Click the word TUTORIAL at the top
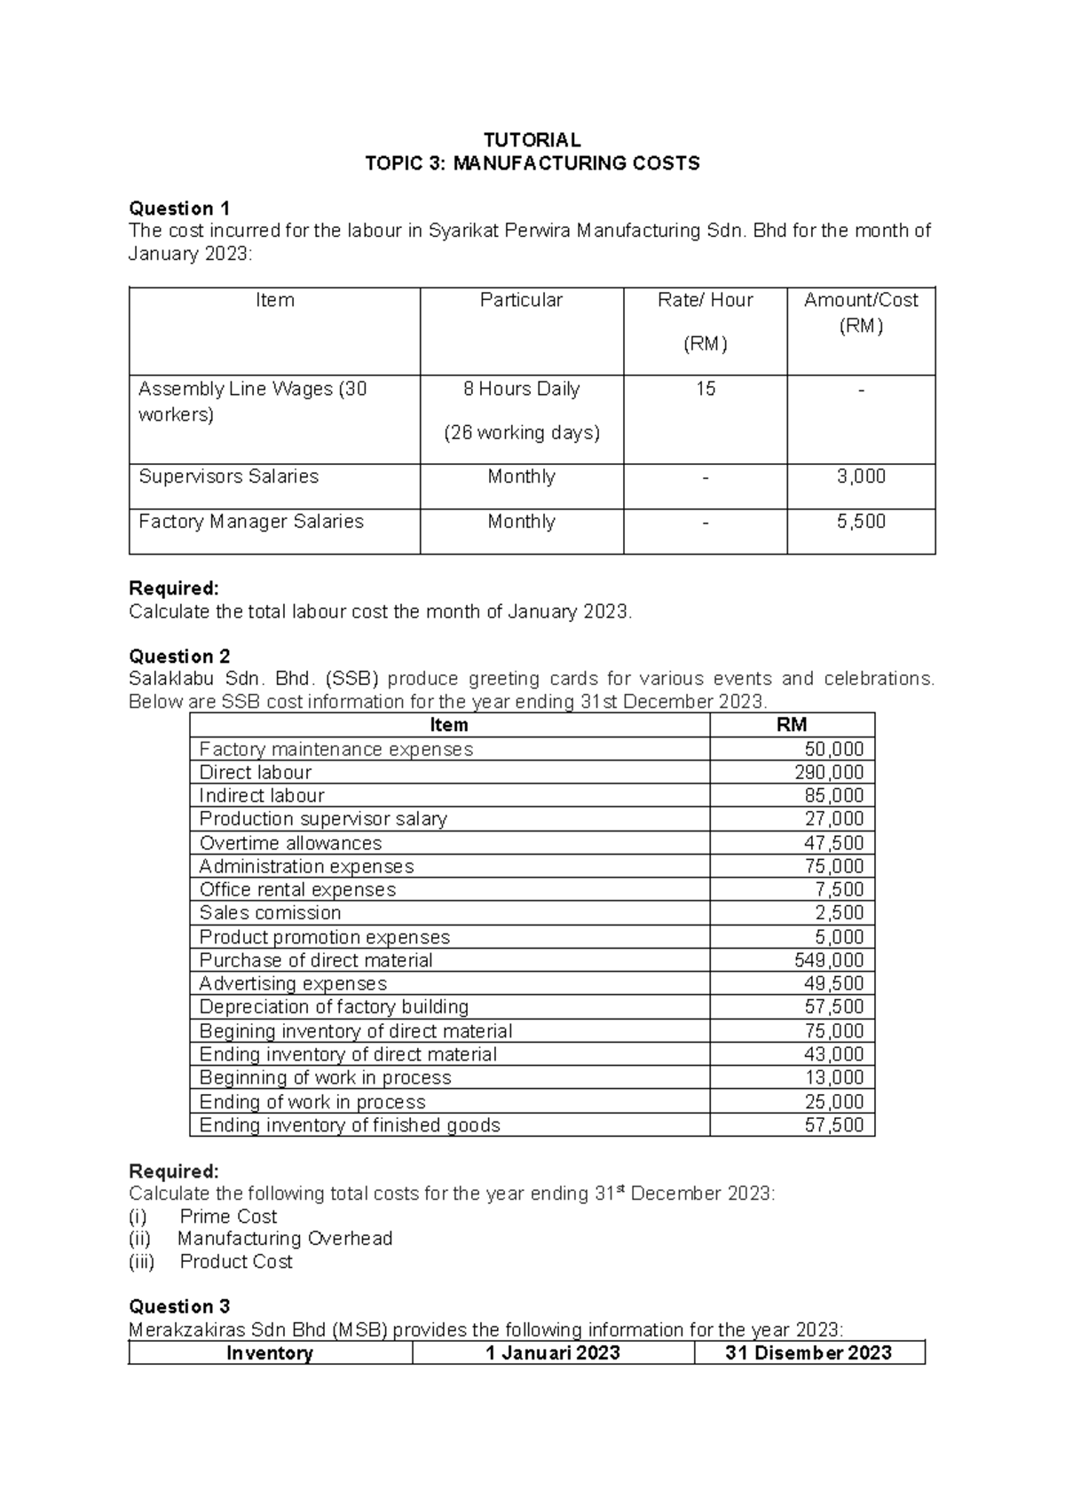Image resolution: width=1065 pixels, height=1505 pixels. tap(532, 140)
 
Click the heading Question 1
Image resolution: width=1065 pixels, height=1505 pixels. tap(179, 209)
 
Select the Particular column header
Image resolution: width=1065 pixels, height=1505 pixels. tap(521, 300)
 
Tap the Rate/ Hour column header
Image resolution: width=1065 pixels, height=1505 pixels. tap(705, 300)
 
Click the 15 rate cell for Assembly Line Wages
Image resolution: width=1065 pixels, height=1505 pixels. tap(705, 389)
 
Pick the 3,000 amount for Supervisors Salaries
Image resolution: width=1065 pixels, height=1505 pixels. tap(861, 477)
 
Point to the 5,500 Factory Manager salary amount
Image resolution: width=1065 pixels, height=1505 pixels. tap(861, 522)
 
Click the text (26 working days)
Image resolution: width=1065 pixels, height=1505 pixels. tap(521, 433)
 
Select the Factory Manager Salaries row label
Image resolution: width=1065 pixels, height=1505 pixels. tap(251, 522)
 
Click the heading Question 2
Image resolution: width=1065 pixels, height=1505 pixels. tap(179, 657)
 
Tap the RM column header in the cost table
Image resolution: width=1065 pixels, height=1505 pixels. tap(792, 725)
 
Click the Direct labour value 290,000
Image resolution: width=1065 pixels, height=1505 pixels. tap(829, 772)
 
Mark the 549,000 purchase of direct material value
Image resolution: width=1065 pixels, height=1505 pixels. tap(829, 960)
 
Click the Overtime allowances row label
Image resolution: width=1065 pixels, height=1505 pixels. tap(290, 843)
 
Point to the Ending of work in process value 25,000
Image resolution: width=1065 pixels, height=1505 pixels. tap(833, 1101)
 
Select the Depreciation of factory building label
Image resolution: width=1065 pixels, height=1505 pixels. tap(334, 1007)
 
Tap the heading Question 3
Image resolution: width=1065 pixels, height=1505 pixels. tap(179, 1306)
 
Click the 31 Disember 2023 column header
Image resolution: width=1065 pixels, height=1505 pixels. tap(808, 1353)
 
